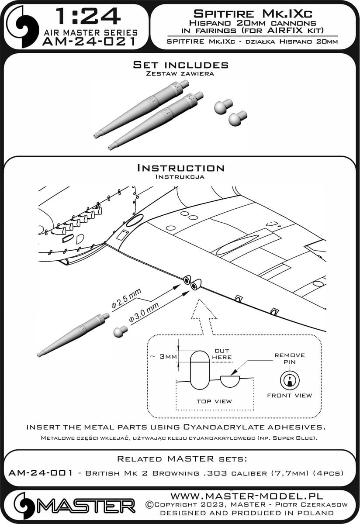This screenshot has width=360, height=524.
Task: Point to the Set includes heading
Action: [x=180, y=65]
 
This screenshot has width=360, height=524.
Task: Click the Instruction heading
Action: [x=180, y=168]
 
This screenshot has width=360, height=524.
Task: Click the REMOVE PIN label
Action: [x=289, y=359]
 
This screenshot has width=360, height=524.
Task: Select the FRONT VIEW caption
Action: [x=290, y=395]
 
